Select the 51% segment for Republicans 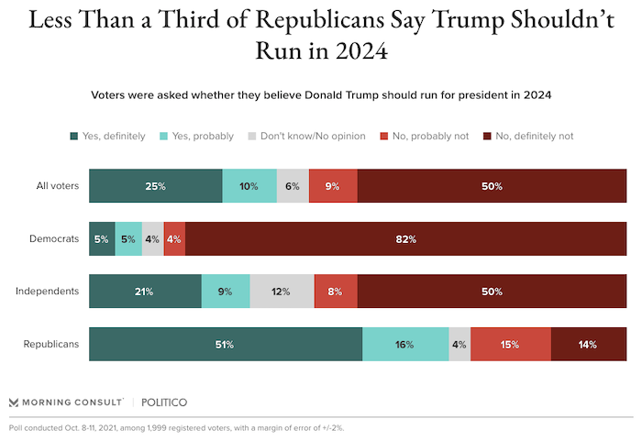click(226, 344)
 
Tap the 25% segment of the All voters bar click(155, 186)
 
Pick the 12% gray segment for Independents click(282, 292)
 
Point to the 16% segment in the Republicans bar click(405, 344)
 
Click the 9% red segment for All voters click(333, 186)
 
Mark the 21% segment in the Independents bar click(145, 292)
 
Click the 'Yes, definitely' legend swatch click(73, 137)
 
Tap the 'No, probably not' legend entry click(423, 137)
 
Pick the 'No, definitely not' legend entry click(527, 137)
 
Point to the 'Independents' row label click(47, 292)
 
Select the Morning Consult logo click(65, 402)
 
